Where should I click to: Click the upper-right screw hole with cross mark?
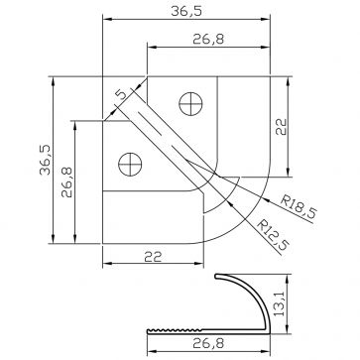pos(190,101)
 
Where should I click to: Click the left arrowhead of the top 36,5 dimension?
pos(106,20)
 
